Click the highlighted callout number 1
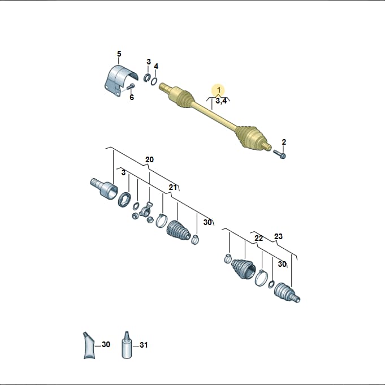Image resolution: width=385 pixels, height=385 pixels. coord(219,90)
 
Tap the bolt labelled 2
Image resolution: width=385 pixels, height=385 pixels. coord(279,154)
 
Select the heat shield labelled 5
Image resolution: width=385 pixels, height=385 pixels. coord(120,80)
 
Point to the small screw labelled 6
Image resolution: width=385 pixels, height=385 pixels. coord(131,86)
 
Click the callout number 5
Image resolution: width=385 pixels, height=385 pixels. coord(119,54)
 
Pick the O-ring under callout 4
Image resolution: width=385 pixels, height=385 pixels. coord(154,81)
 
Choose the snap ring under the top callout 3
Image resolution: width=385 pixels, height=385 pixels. coord(148,77)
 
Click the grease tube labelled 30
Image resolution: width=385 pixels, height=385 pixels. coord(89,345)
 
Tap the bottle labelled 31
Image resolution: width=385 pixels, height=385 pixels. coord(127,345)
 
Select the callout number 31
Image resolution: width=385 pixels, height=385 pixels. coord(144,345)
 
